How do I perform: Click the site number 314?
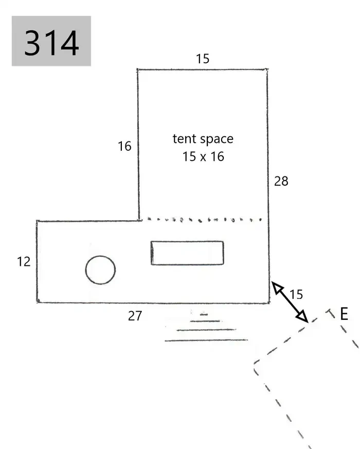[x=51, y=43]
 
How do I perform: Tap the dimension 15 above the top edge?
[x=203, y=59]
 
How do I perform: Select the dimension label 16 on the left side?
[x=124, y=147]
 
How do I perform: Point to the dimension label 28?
[x=281, y=181]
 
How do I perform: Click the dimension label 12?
[x=24, y=262]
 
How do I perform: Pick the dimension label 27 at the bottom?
[x=135, y=316]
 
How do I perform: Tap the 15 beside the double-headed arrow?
[x=296, y=294]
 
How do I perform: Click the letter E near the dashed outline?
[x=344, y=314]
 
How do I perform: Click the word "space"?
[x=217, y=139]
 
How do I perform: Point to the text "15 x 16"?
[x=203, y=157]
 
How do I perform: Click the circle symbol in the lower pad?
[x=100, y=256]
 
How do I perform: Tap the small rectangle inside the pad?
[x=187, y=242]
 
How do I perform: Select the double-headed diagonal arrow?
[x=290, y=302]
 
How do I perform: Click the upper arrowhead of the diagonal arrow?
[x=276, y=286]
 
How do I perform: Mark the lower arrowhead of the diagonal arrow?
[x=303, y=317]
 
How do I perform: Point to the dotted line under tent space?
[x=205, y=220]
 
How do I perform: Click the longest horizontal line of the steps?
[x=206, y=340]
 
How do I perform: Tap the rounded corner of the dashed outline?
[x=256, y=364]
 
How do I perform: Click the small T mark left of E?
[x=331, y=313]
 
